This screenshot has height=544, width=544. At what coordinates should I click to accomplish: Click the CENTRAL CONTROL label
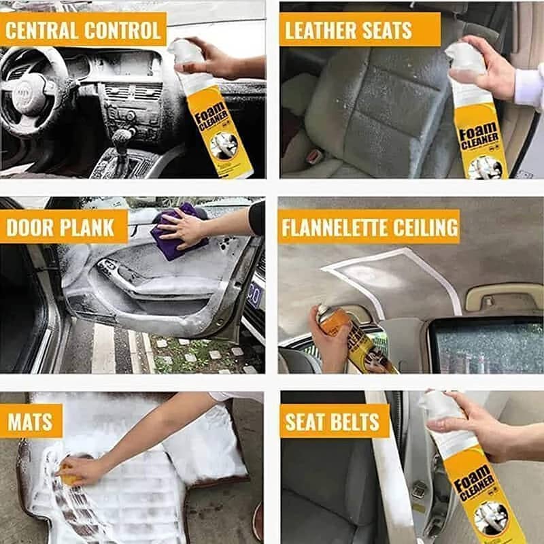point(83,30)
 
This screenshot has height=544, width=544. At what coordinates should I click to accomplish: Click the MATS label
point(31,422)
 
